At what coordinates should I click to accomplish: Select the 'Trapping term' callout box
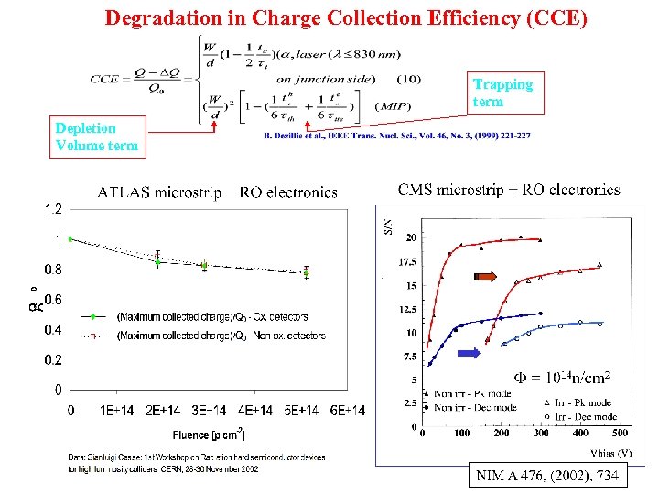click(x=502, y=93)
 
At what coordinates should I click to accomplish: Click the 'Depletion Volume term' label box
click(x=97, y=137)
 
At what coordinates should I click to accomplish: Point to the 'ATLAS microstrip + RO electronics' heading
click(x=217, y=192)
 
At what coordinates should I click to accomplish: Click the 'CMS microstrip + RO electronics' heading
click(x=509, y=191)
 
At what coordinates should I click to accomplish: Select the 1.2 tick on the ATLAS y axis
click(x=53, y=209)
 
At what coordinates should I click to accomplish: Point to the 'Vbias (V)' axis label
click(x=612, y=452)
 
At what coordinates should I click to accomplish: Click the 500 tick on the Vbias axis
click(x=620, y=433)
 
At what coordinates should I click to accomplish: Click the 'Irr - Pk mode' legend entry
click(x=580, y=402)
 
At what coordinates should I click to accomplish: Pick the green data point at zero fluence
click(x=71, y=239)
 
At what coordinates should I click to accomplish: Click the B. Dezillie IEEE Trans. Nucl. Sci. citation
click(x=396, y=137)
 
